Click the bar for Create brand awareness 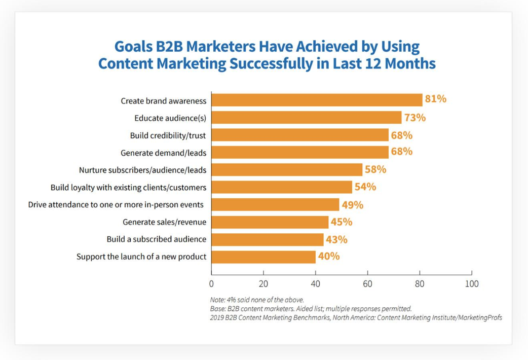point(317,100)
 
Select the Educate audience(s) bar point(307,118)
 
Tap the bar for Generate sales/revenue point(270,222)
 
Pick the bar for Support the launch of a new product point(263,257)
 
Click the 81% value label point(435,99)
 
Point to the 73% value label point(415,118)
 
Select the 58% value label point(375,169)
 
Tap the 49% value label point(353,205)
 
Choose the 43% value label point(336,240)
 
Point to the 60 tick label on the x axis point(367,284)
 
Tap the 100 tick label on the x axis point(472,284)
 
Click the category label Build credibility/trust point(168,135)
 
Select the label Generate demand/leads point(163,153)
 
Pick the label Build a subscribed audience point(157,239)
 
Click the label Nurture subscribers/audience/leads point(143,170)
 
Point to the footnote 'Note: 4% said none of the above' point(257,300)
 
